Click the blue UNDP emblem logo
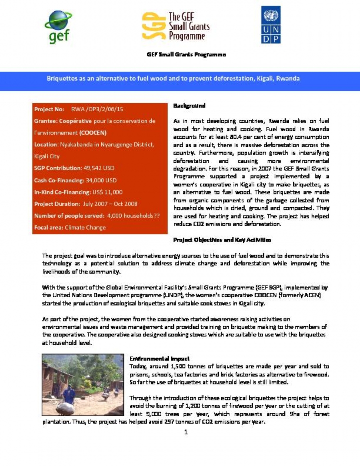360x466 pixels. tap(271, 24)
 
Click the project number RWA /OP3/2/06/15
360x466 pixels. tap(97, 109)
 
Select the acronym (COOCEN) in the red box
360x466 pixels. tap(93, 133)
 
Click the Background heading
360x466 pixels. tap(189, 106)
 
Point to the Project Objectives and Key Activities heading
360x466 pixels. tap(222, 240)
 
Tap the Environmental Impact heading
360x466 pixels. tap(160, 359)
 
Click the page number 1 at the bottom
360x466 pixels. tap(186, 432)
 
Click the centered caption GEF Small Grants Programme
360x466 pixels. tap(186, 54)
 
